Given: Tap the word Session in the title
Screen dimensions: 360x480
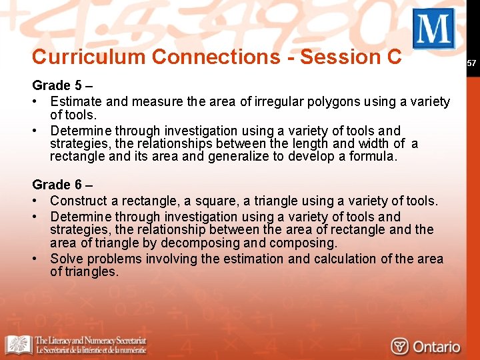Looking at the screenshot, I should pyautogui.click(x=341, y=57).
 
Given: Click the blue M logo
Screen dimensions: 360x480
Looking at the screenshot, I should pyautogui.click(x=433, y=29).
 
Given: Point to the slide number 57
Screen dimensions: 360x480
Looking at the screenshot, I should pyautogui.click(x=471, y=63).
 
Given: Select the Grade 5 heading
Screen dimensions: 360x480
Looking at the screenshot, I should pyautogui.click(x=61, y=85).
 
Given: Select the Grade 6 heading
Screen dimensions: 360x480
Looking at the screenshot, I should pyautogui.click(x=61, y=185).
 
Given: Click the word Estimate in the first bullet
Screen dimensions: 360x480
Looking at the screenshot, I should pyautogui.click(x=75, y=102).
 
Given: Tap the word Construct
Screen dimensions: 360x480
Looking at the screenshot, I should pyautogui.click(x=78, y=201).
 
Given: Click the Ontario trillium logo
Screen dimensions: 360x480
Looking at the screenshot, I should pyautogui.click(x=400, y=347).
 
